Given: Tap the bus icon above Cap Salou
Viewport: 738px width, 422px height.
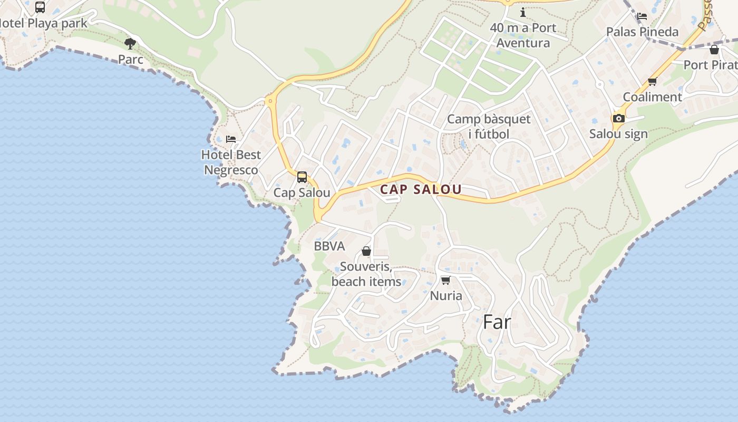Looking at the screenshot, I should [302, 177].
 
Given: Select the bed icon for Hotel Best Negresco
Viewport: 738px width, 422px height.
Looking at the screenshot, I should [231, 139].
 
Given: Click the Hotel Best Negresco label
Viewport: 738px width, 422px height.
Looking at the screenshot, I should [231, 162].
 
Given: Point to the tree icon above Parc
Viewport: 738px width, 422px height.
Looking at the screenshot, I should [130, 43].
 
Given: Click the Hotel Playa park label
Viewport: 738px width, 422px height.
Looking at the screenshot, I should [43, 23].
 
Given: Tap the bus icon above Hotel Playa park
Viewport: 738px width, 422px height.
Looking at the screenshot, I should [40, 7].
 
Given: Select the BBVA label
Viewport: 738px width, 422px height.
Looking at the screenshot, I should [329, 246].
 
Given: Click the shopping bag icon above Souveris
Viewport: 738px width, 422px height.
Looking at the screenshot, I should [366, 251].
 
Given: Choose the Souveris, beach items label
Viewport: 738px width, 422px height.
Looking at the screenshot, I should [366, 274].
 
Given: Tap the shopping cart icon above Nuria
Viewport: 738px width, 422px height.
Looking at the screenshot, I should [446, 280].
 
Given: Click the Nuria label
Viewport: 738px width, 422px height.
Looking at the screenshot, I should [446, 295].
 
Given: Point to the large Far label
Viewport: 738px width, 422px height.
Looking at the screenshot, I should [497, 322].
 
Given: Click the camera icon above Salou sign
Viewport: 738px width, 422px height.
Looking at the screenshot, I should [619, 118].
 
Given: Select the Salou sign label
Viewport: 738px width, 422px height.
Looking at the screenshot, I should [618, 134].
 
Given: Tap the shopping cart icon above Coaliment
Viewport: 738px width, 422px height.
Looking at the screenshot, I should [653, 81].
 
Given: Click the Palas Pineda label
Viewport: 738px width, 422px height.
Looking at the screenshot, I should [642, 32].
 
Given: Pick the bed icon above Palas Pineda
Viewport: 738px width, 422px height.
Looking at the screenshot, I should [642, 16].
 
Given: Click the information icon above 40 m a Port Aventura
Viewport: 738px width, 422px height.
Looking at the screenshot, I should [523, 12].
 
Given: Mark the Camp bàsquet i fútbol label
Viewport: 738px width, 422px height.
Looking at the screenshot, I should [489, 127].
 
